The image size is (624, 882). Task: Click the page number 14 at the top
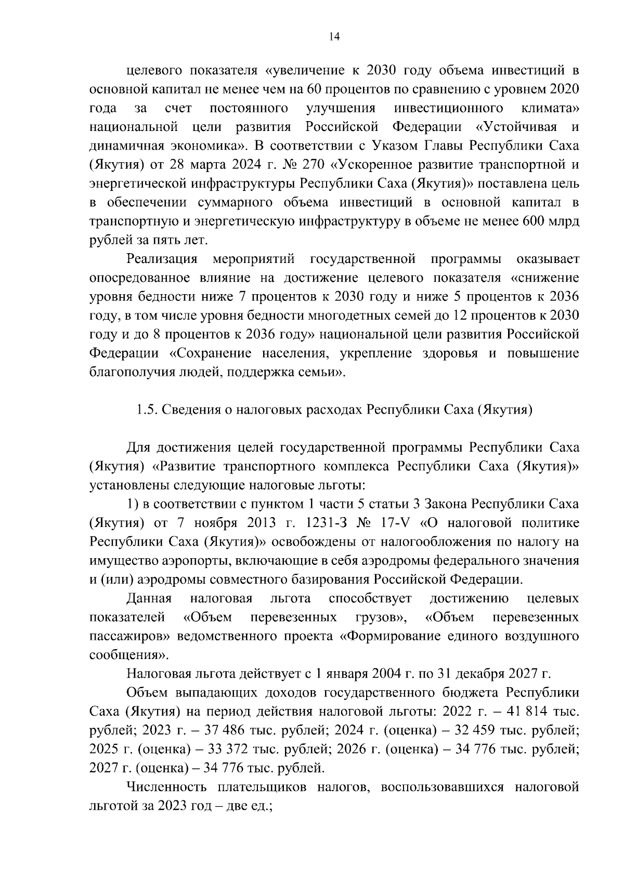(x=334, y=36)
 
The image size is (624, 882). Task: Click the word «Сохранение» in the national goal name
(x=216, y=354)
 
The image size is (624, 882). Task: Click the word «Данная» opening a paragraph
(x=149, y=599)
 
